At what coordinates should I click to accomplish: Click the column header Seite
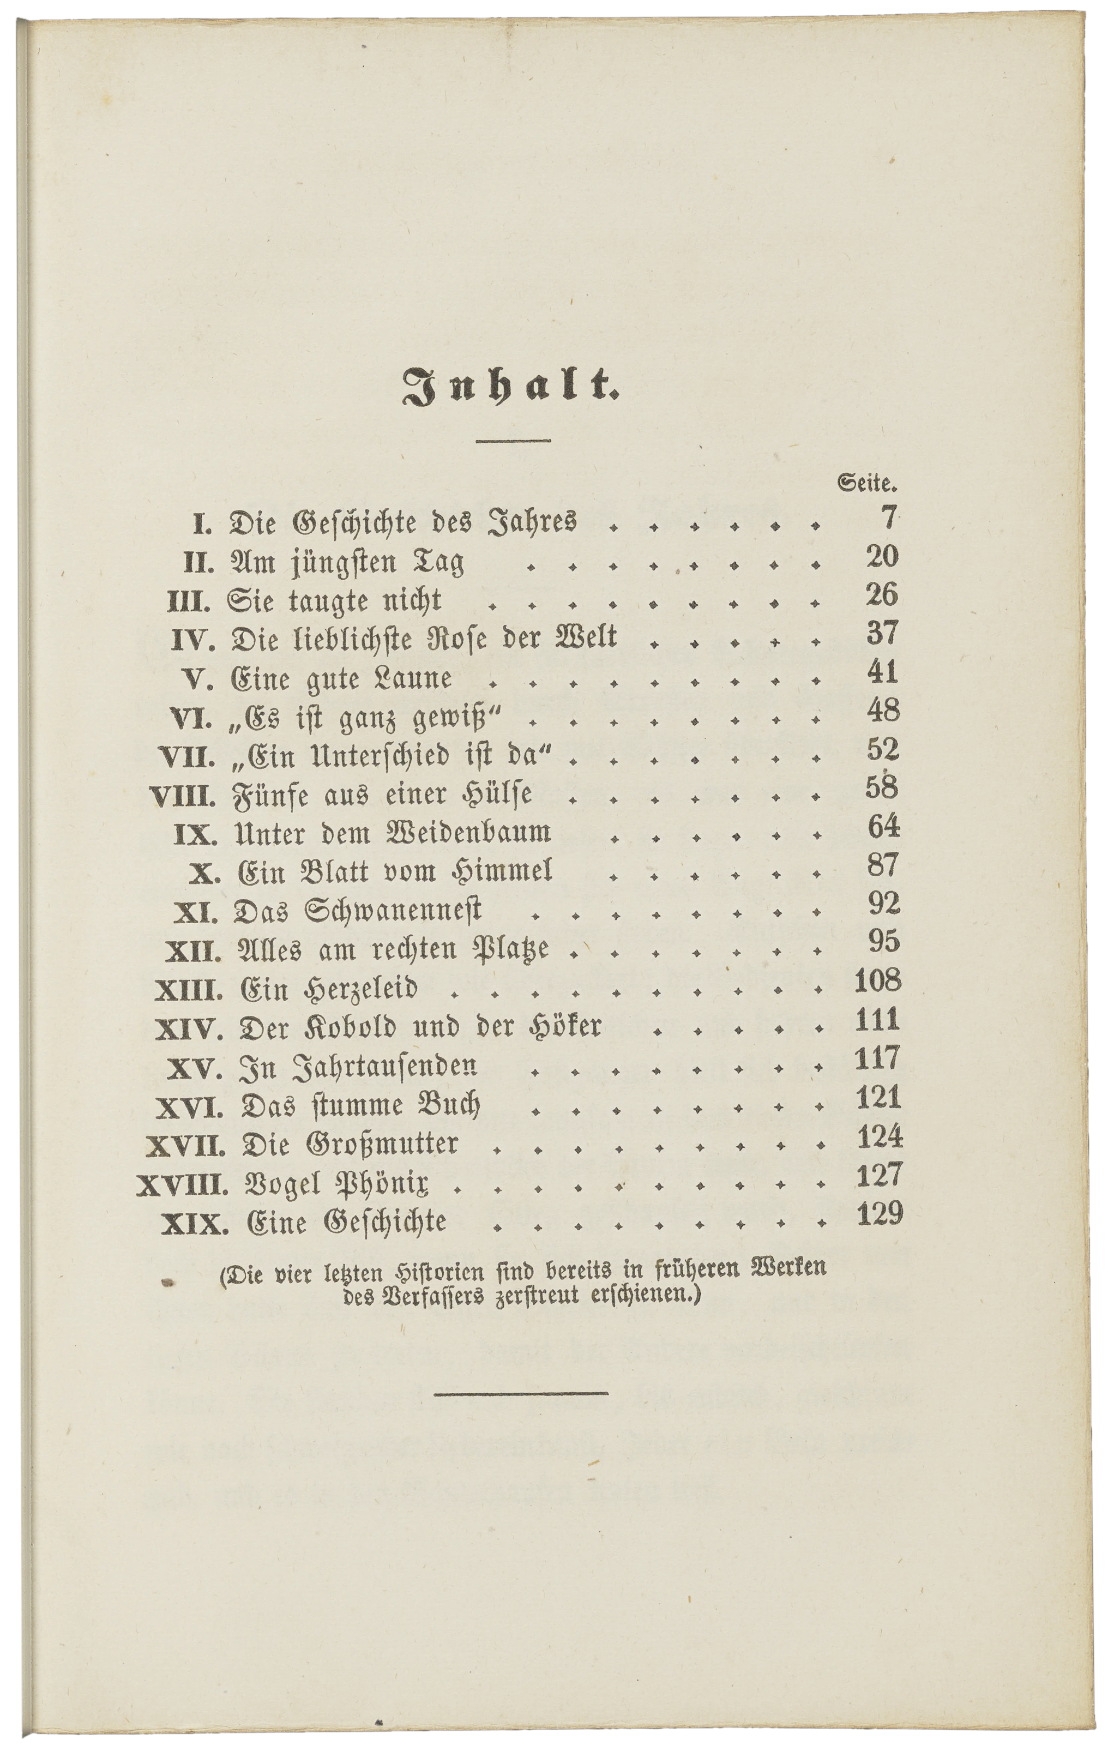pos(868,481)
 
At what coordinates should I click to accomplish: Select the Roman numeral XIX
pos(194,1224)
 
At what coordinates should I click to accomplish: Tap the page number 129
pos(880,1212)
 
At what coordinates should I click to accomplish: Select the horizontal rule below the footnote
pos(522,1393)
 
